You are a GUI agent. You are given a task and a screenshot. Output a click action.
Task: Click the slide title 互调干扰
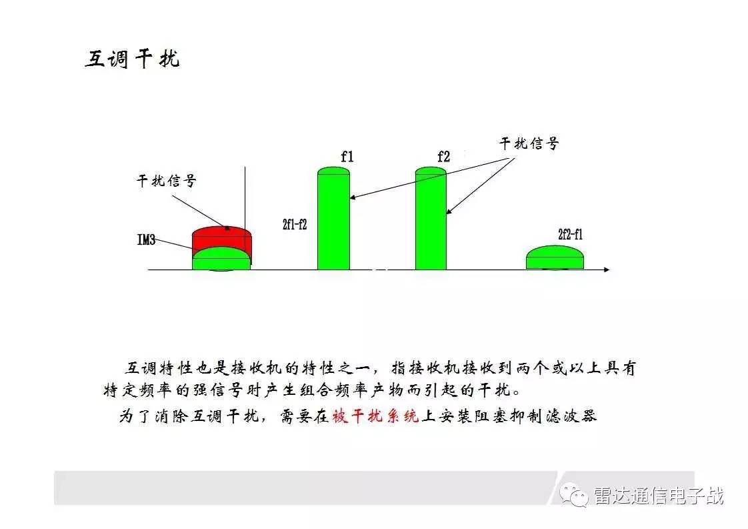point(132,59)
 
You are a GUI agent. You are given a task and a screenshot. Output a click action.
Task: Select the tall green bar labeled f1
point(333,219)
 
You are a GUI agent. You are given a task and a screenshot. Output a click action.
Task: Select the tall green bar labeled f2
point(431,219)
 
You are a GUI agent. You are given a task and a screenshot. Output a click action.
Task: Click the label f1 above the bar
point(347,156)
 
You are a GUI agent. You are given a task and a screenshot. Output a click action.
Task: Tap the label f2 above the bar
point(443,156)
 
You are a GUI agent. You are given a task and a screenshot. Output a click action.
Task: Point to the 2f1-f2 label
point(295,224)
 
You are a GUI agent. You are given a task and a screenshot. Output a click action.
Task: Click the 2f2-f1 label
point(571,234)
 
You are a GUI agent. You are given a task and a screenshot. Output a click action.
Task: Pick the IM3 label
point(146,239)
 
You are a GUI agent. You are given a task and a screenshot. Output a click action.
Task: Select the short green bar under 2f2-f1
point(555,257)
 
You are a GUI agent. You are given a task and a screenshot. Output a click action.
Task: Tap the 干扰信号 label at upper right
point(529,143)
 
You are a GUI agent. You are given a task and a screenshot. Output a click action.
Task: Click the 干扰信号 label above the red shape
point(167,181)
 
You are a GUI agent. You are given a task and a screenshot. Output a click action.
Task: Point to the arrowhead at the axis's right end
point(607,270)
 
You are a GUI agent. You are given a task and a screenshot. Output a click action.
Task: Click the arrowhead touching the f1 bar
point(353,197)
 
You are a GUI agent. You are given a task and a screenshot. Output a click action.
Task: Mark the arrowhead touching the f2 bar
point(449,211)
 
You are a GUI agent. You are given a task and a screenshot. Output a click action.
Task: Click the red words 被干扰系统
point(375,416)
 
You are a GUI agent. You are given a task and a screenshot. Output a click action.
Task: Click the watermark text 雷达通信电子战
point(658,496)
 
